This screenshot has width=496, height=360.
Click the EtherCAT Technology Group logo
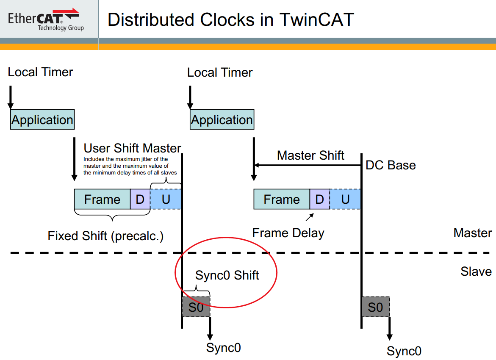pyautogui.click(x=44, y=19)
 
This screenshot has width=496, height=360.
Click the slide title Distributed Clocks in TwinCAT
pyautogui.click(x=230, y=20)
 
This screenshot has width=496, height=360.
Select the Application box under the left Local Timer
pyautogui.click(x=42, y=120)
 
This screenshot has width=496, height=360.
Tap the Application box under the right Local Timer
pyautogui.click(x=222, y=120)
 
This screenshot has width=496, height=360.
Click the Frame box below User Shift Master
pyautogui.click(x=102, y=199)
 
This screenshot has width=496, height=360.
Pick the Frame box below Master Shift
pyautogui.click(x=282, y=199)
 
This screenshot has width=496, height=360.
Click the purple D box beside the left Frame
pyautogui.click(x=140, y=199)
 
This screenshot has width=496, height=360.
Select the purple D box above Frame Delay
pyautogui.click(x=320, y=199)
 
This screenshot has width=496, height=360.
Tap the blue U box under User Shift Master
pyautogui.click(x=166, y=199)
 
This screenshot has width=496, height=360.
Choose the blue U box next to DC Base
pyautogui.click(x=345, y=199)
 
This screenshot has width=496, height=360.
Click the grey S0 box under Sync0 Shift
pyautogui.click(x=196, y=307)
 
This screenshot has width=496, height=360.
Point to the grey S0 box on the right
pyautogui.click(x=375, y=307)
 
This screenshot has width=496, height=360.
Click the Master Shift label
pyautogui.click(x=310, y=155)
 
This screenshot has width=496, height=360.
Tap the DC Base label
pyautogui.click(x=391, y=165)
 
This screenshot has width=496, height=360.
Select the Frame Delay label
pyautogui.click(x=288, y=233)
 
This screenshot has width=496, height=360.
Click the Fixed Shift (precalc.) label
pyautogui.click(x=105, y=235)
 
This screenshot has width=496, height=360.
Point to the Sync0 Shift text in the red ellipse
pyautogui.click(x=227, y=275)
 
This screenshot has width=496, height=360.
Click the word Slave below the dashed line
pyautogui.click(x=476, y=271)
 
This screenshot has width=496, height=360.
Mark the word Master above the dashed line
pyautogui.click(x=473, y=233)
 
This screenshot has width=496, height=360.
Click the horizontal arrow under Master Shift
pyautogui.click(x=307, y=166)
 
